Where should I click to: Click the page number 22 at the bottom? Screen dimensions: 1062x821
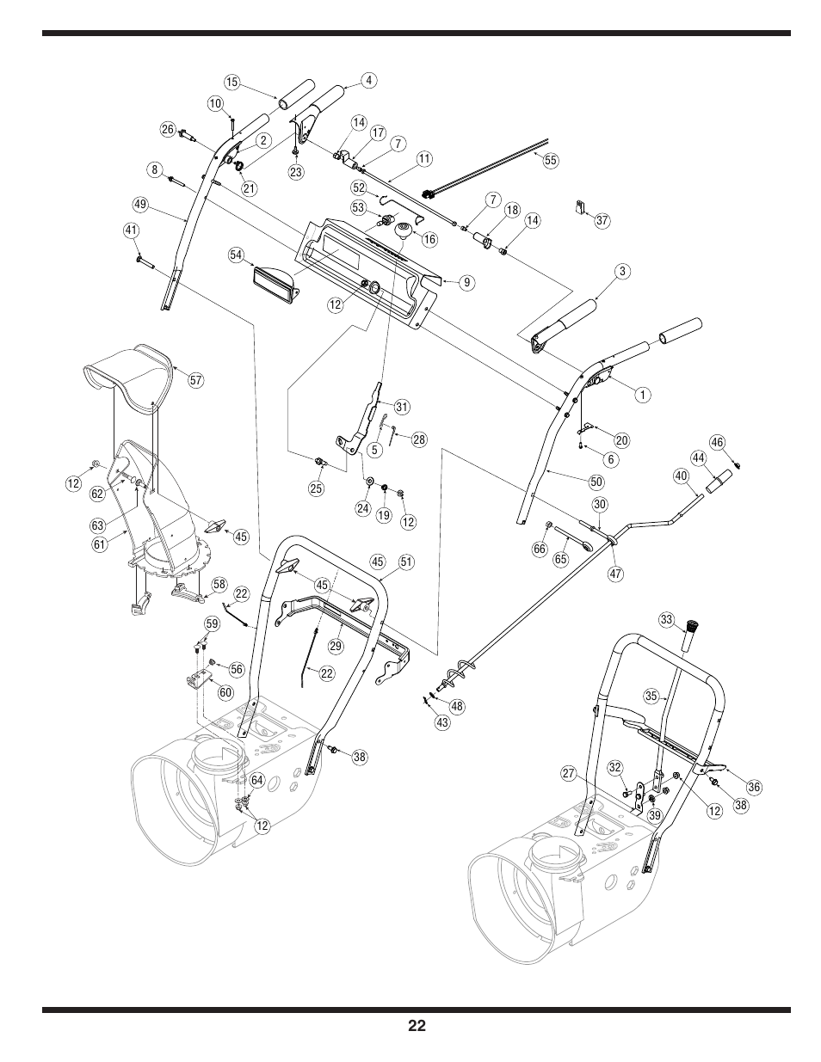(417, 1025)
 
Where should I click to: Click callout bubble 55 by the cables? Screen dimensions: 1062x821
(552, 160)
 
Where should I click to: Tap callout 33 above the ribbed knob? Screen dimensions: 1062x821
(665, 619)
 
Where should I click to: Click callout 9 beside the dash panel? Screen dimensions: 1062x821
(466, 281)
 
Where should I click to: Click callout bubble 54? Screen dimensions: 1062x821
(236, 255)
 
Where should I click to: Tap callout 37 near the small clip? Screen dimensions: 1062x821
(602, 221)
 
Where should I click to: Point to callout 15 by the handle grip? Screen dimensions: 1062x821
(231, 82)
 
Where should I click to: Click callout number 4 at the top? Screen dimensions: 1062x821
(368, 81)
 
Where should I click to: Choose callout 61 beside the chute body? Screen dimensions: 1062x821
(99, 543)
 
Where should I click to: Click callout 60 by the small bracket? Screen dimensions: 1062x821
(225, 691)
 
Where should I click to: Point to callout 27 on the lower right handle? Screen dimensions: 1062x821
(569, 773)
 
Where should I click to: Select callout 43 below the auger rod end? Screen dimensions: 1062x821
(442, 722)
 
